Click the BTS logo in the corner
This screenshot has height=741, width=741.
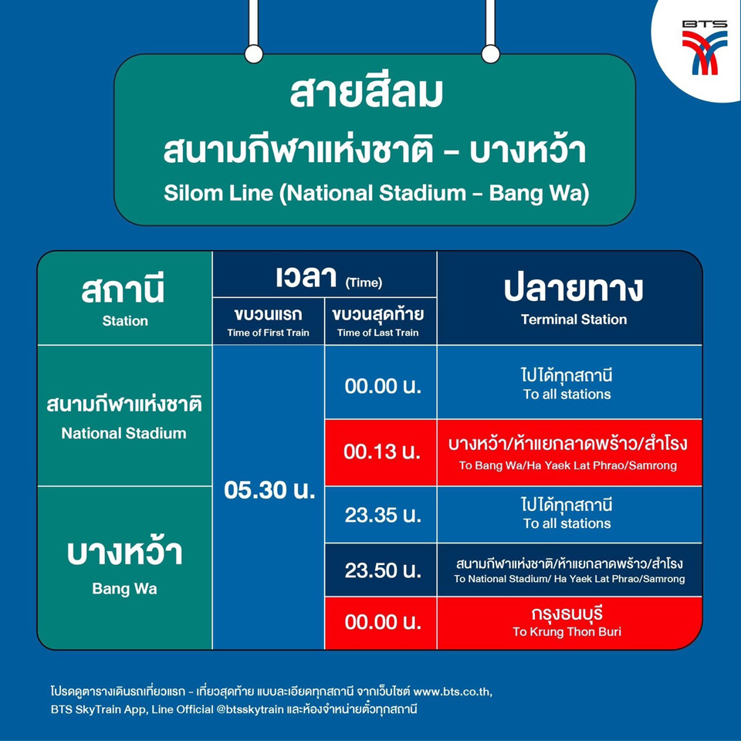click(704, 47)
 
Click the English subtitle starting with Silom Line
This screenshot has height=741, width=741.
click(376, 193)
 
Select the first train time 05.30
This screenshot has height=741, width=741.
click(269, 490)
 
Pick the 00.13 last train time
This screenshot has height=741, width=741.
click(382, 452)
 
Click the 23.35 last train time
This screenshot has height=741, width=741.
click(383, 515)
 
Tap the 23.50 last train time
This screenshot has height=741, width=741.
click(383, 570)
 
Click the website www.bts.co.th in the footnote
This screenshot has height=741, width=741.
click(453, 692)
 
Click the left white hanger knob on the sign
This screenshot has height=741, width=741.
click(254, 54)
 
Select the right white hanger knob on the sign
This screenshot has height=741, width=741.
click(491, 54)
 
